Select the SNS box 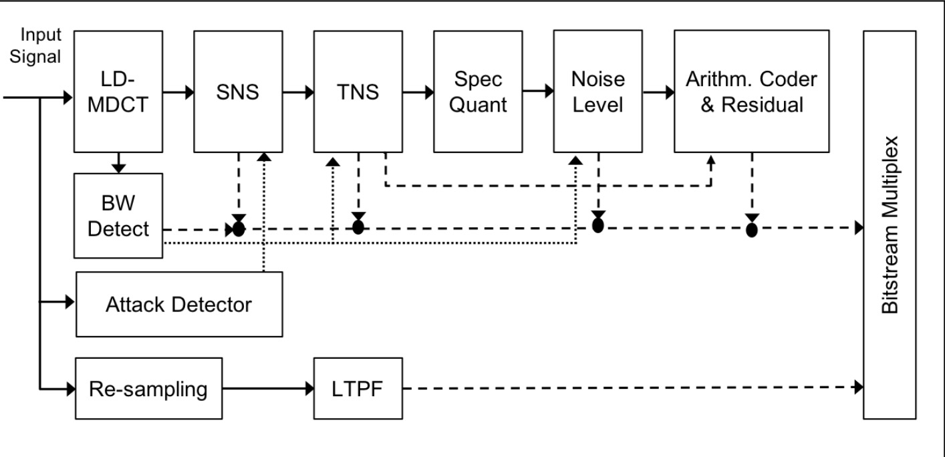237,91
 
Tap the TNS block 357,91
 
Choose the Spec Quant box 478,91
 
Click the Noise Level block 597,91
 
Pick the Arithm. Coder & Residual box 751,91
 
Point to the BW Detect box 118,215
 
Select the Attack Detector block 179,305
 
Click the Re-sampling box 149,388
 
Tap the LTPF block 358,388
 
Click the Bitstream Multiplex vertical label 890,224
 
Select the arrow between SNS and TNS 297,92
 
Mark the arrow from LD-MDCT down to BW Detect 118,161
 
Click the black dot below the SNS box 238,229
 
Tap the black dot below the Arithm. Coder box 752,230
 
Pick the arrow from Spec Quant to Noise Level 537,92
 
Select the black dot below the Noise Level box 597,226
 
